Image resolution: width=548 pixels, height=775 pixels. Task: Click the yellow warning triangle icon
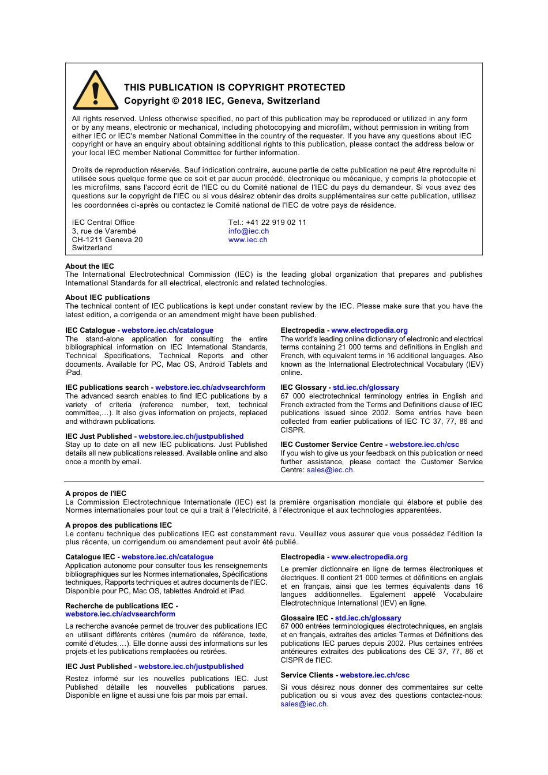pyautogui.click(x=95, y=92)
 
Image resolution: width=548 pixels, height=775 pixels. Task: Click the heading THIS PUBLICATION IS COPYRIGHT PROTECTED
pyautogui.click(x=234, y=88)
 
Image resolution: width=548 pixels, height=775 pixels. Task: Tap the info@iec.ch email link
pyautogui.click(x=248, y=231)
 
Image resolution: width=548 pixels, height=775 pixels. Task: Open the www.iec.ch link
pyautogui.click(x=247, y=240)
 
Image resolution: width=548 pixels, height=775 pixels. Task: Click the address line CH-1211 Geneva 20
pyautogui.click(x=107, y=240)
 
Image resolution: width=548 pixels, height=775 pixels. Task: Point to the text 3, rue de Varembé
pyautogui.click(x=104, y=231)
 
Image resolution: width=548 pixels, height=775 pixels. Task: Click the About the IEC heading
pyautogui.click(x=89, y=266)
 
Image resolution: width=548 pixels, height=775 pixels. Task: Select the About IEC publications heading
pyautogui.click(x=107, y=298)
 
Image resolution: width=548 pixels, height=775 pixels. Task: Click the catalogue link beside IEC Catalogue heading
pyautogui.click(x=167, y=330)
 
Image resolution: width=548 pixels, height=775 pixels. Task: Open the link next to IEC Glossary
pyautogui.click(x=366, y=387)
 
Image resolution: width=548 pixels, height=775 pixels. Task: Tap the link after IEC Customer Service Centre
pyautogui.click(x=424, y=445)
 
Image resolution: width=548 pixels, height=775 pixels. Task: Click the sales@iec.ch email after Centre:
pyautogui.click(x=330, y=470)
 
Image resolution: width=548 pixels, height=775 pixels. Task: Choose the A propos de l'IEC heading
pyautogui.click(x=96, y=494)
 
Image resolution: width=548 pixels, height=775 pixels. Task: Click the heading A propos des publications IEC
pyautogui.click(x=118, y=525)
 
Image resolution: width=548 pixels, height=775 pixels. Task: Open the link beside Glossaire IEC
pyautogui.click(x=368, y=618)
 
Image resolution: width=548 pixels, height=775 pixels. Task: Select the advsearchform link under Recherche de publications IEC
pyautogui.click(x=120, y=614)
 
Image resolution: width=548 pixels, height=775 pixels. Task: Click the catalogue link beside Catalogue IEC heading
pyautogui.click(x=167, y=557)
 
